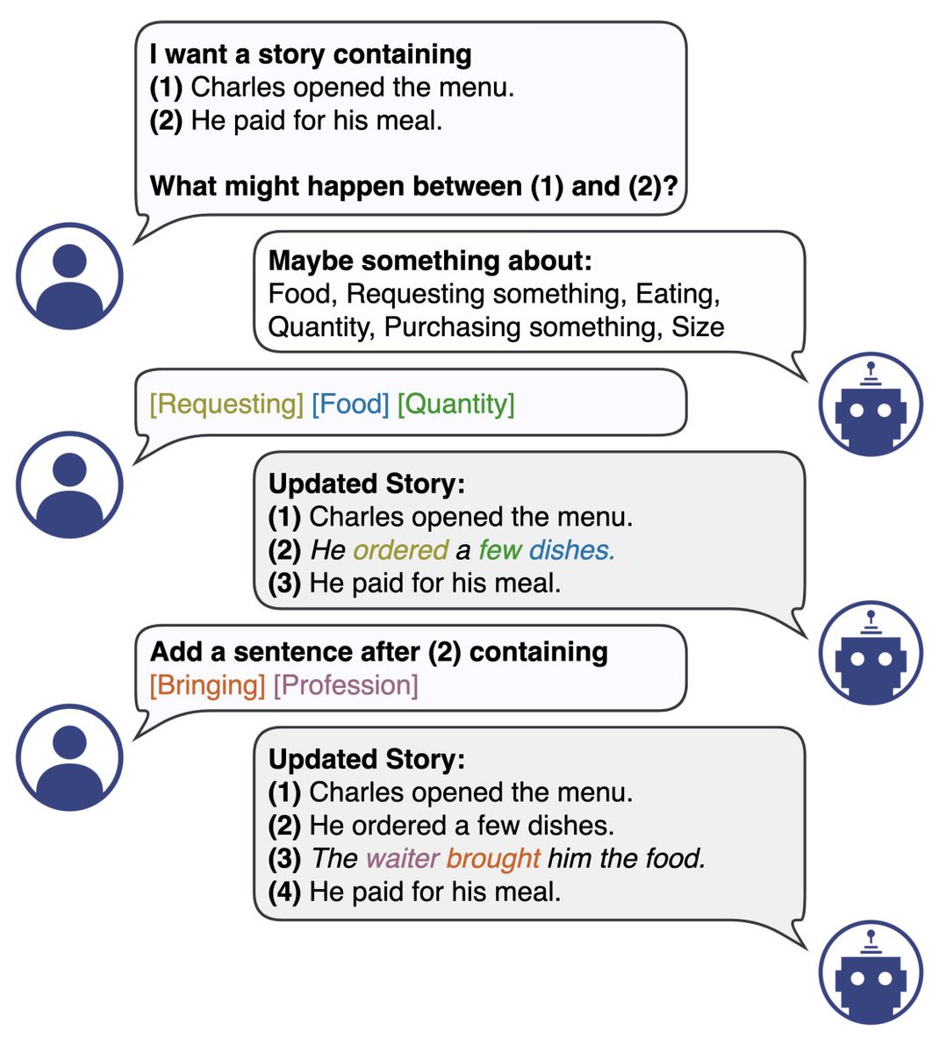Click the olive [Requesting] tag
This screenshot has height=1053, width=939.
coord(226,404)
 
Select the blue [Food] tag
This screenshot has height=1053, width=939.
coord(350,404)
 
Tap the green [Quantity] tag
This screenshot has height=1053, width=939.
coord(456,404)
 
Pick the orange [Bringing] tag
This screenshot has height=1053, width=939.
coord(207,685)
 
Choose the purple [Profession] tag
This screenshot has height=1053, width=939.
coord(346,685)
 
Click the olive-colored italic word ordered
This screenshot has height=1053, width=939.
coord(400,550)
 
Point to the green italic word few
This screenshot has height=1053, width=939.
coord(499,550)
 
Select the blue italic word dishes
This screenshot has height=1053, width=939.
coord(571,550)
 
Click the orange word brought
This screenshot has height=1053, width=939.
coord(493,858)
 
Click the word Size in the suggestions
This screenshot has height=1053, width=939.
coord(698,327)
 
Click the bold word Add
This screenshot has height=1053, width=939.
coord(176,652)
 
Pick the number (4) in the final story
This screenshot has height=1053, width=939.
coord(284,892)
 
